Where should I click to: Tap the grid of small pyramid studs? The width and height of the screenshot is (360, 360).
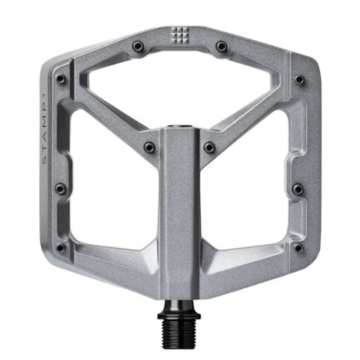[180, 35]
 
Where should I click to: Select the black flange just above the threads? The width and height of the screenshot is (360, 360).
[179, 316]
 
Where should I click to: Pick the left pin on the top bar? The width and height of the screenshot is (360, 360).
[138, 47]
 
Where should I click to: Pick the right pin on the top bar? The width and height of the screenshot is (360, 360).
[221, 47]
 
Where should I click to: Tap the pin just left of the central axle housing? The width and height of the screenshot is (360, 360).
[149, 147]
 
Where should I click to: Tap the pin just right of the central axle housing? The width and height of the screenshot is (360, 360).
[209, 147]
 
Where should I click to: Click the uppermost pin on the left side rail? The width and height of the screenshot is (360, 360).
[61, 79]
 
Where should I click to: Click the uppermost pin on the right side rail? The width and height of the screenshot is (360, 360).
[299, 79]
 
